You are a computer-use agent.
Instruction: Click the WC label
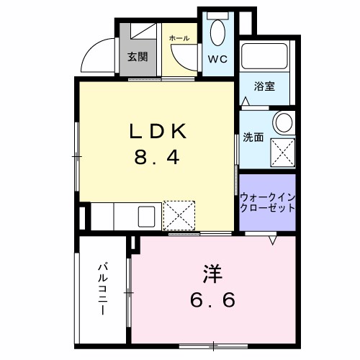coord(218,59)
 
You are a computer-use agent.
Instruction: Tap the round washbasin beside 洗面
coord(283,121)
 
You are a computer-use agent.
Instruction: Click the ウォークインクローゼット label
coord(267,202)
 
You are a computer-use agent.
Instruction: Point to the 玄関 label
coord(138,57)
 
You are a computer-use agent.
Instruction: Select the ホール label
coord(179,37)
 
